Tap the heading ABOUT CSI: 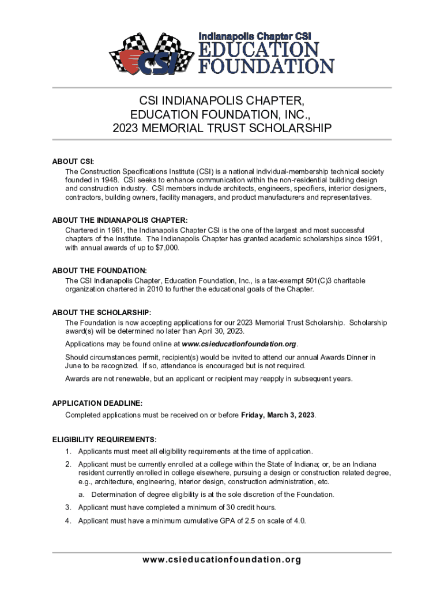point(73,161)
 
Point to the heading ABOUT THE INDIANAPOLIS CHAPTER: point(120,220)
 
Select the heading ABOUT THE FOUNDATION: point(99,270)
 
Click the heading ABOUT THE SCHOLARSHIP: point(102,312)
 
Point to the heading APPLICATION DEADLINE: point(97,403)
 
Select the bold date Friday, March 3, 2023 point(278,415)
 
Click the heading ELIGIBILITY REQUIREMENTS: point(104,439)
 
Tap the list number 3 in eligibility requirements point(67,507)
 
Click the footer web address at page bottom point(222,560)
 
